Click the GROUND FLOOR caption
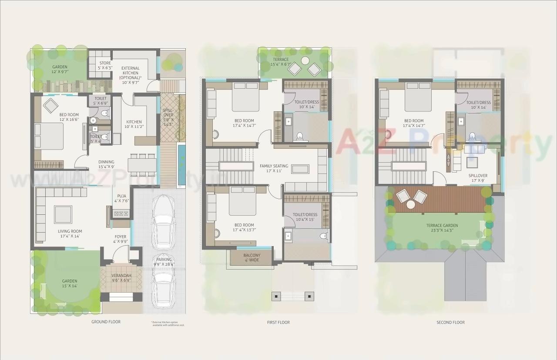point(106,322)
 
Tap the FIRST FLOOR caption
point(278,322)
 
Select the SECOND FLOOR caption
point(450,322)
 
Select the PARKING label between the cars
point(164,262)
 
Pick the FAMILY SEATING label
point(274,168)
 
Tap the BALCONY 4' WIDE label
point(252,258)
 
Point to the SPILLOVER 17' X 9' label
point(477,178)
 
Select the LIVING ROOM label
point(70,234)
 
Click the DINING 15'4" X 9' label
point(106,164)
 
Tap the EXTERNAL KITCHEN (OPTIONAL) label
point(130,75)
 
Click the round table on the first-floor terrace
point(305,60)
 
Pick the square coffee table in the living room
point(63,214)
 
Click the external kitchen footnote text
point(168,323)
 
